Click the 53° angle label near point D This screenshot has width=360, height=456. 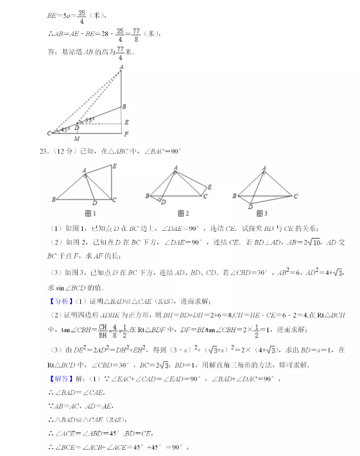click(x=90, y=119)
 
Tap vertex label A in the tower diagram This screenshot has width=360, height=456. click(x=121, y=67)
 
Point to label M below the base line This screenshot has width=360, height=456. click(x=77, y=139)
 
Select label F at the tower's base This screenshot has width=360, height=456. click(x=126, y=134)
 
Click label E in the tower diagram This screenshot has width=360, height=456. click(x=126, y=122)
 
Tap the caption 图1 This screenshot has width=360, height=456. click(x=90, y=214)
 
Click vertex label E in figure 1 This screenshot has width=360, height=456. click(x=114, y=166)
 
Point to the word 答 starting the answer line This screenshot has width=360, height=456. click(x=52, y=52)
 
